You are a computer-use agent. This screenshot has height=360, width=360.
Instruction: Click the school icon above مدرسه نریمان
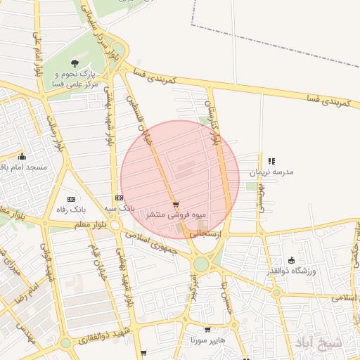[x=271, y=161]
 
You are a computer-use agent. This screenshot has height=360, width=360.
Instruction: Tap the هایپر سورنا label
[x=207, y=339]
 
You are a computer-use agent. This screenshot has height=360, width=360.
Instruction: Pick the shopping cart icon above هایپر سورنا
[x=207, y=329]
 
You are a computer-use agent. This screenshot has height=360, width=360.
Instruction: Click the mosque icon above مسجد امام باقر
[x=22, y=157]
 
